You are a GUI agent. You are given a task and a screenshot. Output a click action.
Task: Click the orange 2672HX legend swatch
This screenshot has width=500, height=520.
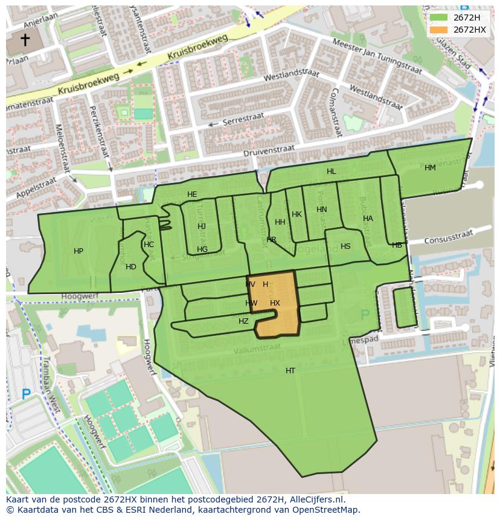pyautogui.click(x=438, y=30)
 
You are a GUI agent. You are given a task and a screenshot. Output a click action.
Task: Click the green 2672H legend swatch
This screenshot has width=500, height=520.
pyautogui.click(x=438, y=18)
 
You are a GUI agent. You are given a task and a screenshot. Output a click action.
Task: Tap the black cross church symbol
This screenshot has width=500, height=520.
pyautogui.click(x=25, y=40)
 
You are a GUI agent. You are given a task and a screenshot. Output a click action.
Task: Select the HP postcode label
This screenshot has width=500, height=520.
pyautogui.click(x=79, y=251)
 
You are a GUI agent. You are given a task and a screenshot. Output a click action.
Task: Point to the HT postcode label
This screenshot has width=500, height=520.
pyautogui.click(x=290, y=371)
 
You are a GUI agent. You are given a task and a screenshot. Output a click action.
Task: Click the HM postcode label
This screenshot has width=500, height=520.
pyautogui.click(x=430, y=168)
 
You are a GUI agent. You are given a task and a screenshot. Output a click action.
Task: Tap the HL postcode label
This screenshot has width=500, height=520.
pyautogui.click(x=331, y=172)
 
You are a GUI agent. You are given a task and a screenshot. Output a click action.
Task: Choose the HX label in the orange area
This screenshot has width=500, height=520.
pyautogui.click(x=275, y=303)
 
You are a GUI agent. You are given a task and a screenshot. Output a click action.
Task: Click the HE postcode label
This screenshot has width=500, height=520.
pyautogui.click(x=192, y=194)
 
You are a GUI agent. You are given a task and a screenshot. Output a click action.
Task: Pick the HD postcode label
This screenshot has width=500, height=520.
pyautogui.click(x=131, y=267)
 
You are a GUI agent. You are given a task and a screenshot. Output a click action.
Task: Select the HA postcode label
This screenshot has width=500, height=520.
pyautogui.click(x=368, y=219)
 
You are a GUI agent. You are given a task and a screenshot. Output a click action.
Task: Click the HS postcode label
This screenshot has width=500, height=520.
pyautogui.click(x=345, y=246)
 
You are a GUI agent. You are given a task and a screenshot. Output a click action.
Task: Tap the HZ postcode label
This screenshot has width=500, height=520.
pyautogui.click(x=243, y=321)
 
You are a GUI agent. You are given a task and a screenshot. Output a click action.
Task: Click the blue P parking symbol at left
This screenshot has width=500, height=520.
pyautogui.click(x=26, y=394)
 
